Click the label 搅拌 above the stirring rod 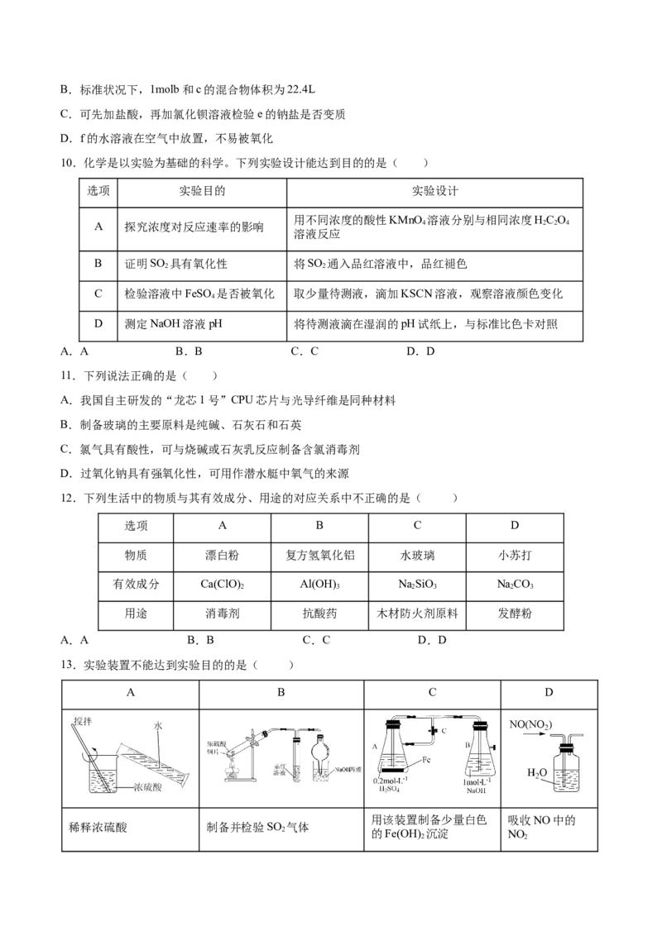(82, 721)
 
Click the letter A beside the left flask (377, 745)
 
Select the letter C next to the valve (444, 732)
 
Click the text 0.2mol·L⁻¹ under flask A (391, 782)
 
